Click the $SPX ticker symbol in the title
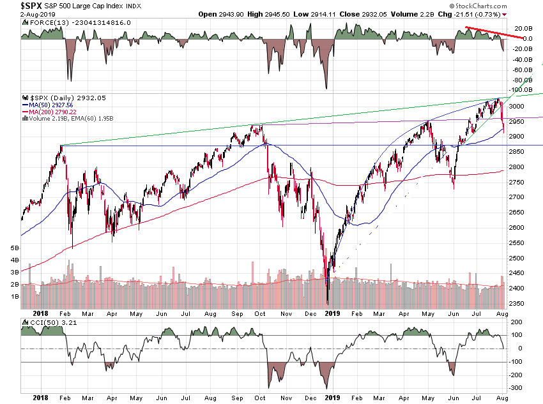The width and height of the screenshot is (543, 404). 14,6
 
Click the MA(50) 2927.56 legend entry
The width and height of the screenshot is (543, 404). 48,105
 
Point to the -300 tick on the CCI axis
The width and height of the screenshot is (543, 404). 518,388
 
